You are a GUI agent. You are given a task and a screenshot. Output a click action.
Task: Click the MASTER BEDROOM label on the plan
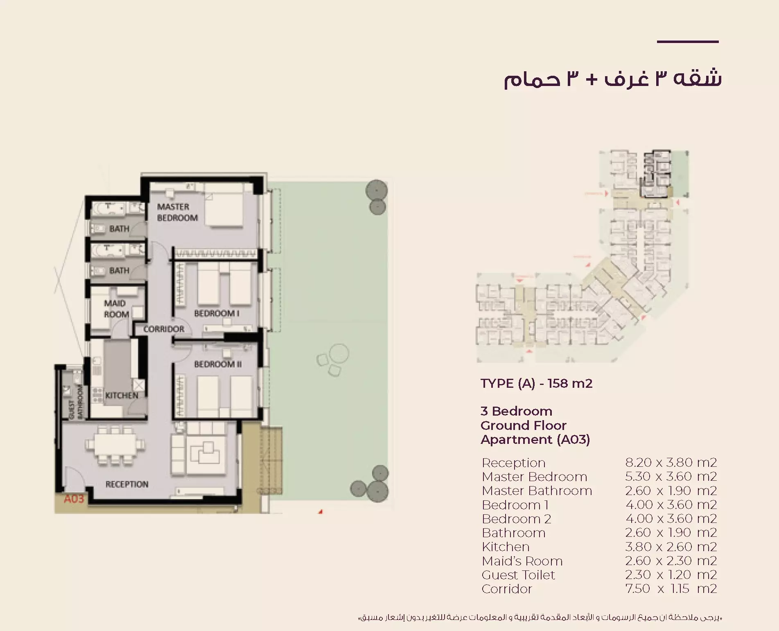pyautogui.click(x=177, y=212)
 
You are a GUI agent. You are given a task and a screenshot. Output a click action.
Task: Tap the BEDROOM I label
pyautogui.click(x=217, y=313)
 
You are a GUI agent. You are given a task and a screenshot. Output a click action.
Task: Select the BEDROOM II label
pyautogui.click(x=218, y=364)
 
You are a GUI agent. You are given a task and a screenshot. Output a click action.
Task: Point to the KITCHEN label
pyautogui.click(x=122, y=396)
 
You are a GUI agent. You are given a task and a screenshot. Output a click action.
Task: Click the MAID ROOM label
pyautogui.click(x=116, y=309)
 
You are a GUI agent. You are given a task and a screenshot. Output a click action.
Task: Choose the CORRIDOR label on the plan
pyautogui.click(x=164, y=329)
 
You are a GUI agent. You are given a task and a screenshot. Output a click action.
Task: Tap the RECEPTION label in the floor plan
pyautogui.click(x=127, y=484)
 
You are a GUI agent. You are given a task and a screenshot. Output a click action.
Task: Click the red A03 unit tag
pyautogui.click(x=74, y=499)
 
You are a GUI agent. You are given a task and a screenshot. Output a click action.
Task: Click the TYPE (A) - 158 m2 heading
pyautogui.click(x=536, y=383)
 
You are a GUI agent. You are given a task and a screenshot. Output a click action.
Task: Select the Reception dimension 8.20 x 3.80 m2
pyautogui.click(x=671, y=462)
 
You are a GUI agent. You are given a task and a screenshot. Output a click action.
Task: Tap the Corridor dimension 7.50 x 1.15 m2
pyautogui.click(x=671, y=589)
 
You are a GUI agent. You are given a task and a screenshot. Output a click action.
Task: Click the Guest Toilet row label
pyautogui.click(x=518, y=575)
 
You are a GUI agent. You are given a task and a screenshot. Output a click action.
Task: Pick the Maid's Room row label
pyautogui.click(x=522, y=561)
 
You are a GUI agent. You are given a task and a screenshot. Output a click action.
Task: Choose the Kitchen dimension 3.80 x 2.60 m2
pyautogui.click(x=671, y=547)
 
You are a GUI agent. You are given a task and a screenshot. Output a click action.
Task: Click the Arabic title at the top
pyautogui.click(x=612, y=79)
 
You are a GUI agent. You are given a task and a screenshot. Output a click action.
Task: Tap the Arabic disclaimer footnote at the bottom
pyautogui.click(x=540, y=617)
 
